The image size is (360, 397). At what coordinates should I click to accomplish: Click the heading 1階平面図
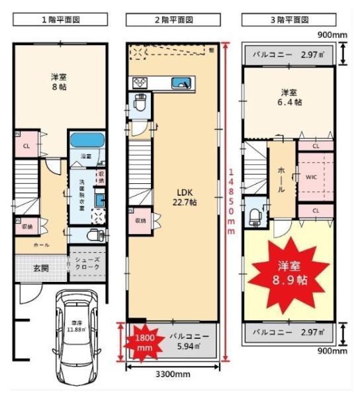[x=60, y=21]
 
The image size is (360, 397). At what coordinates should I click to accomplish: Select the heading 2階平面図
[x=173, y=21]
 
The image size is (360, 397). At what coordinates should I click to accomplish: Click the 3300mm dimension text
[x=173, y=374]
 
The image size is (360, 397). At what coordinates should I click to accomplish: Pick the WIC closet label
[x=312, y=177]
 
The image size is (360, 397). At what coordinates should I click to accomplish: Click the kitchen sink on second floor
[x=180, y=82]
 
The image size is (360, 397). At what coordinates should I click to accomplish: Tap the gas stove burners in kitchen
[x=142, y=83]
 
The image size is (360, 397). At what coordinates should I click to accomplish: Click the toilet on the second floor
[x=140, y=105]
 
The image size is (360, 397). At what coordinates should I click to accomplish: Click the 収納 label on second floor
[x=140, y=220]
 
